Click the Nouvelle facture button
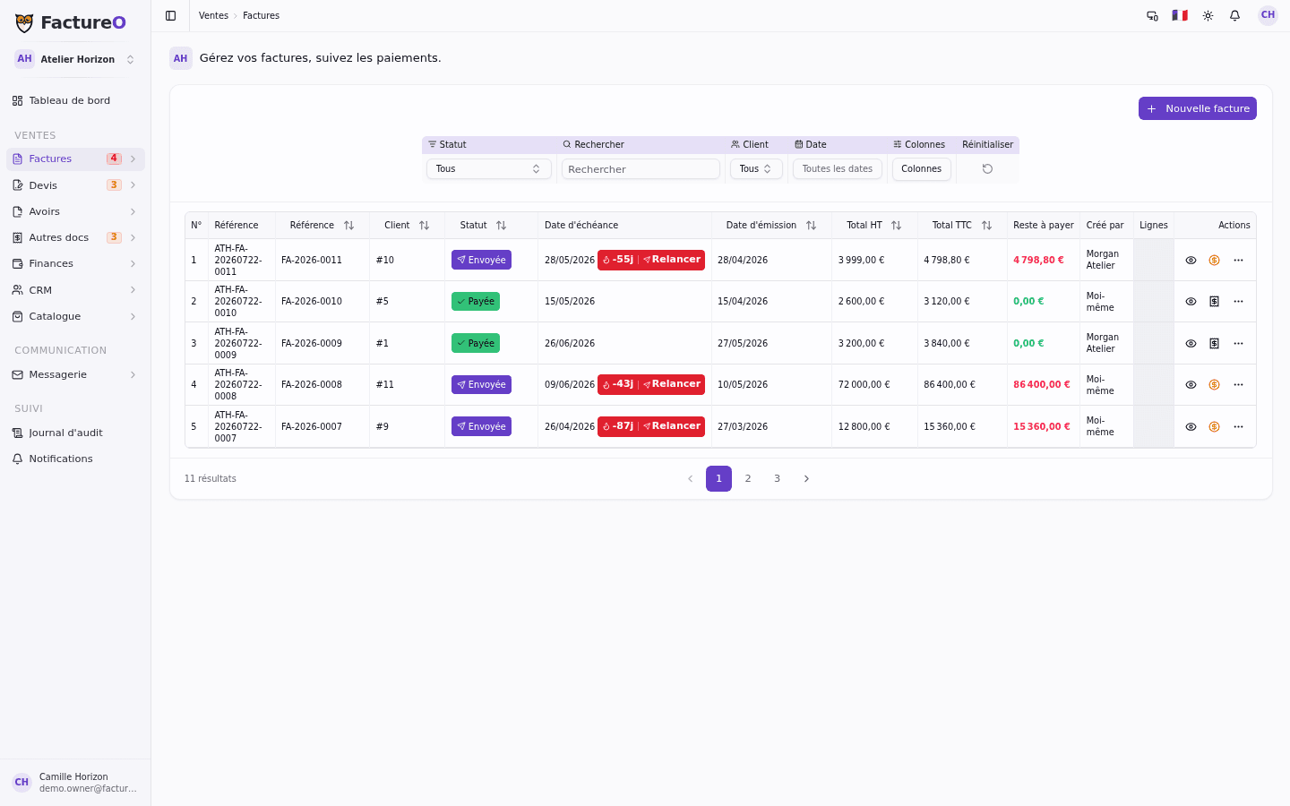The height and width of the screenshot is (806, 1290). pyautogui.click(x=1197, y=108)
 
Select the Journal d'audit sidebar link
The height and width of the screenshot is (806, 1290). pyautogui.click(x=65, y=433)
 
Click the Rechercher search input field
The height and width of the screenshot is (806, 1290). pyautogui.click(x=641, y=168)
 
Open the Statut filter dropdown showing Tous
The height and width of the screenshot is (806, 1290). pyautogui.click(x=488, y=168)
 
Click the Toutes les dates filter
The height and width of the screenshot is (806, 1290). pyautogui.click(x=837, y=168)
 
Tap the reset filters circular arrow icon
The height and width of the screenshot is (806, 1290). pyautogui.click(x=987, y=168)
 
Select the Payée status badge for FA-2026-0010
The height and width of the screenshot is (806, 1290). pyautogui.click(x=475, y=301)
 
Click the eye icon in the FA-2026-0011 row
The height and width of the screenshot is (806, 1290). pyautogui.click(x=1191, y=261)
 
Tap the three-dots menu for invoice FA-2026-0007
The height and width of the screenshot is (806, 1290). pyautogui.click(x=1238, y=426)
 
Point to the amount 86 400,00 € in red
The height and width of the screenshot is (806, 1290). pyautogui.click(x=1041, y=384)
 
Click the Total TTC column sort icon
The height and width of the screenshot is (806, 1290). pyautogui.click(x=986, y=225)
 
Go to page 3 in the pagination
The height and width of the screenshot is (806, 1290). pyautogui.click(x=777, y=478)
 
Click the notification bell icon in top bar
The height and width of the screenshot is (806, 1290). pyautogui.click(x=1234, y=15)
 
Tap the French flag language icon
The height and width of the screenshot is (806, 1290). pyautogui.click(x=1180, y=15)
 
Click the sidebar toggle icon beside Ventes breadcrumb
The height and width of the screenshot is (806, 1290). pyautogui.click(x=170, y=15)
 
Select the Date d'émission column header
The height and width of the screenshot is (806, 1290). pyautogui.click(x=761, y=225)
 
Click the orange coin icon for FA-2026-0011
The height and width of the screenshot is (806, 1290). pyautogui.click(x=1214, y=261)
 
